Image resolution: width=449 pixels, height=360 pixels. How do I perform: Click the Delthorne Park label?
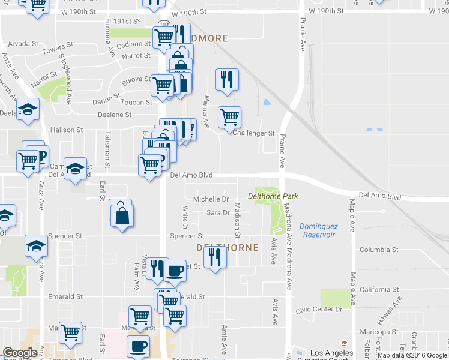pyautogui.click(x=273, y=196)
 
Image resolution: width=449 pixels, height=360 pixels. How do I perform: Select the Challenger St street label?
pyautogui.click(x=253, y=133)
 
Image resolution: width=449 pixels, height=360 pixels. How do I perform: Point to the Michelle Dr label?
pyautogui.click(x=211, y=199)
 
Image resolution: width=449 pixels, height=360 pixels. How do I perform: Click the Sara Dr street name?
pyautogui.click(x=218, y=213)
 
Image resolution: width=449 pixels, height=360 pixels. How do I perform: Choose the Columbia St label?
pyautogui.click(x=379, y=250)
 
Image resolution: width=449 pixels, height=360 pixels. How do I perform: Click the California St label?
pyautogui.click(x=379, y=271)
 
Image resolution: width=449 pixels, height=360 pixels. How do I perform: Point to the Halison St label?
pyautogui.click(x=67, y=130)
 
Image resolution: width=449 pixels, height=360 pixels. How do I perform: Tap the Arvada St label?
pyautogui.click(x=23, y=44)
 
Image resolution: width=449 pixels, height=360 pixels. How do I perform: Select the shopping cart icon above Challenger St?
pyautogui.click(x=229, y=117)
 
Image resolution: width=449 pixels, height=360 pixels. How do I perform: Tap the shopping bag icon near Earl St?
pyautogui.click(x=122, y=215)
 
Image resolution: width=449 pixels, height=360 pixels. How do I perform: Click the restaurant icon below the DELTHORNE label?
pyautogui.click(x=214, y=257)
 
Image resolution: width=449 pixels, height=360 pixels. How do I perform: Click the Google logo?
pyautogui.click(x=20, y=353)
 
